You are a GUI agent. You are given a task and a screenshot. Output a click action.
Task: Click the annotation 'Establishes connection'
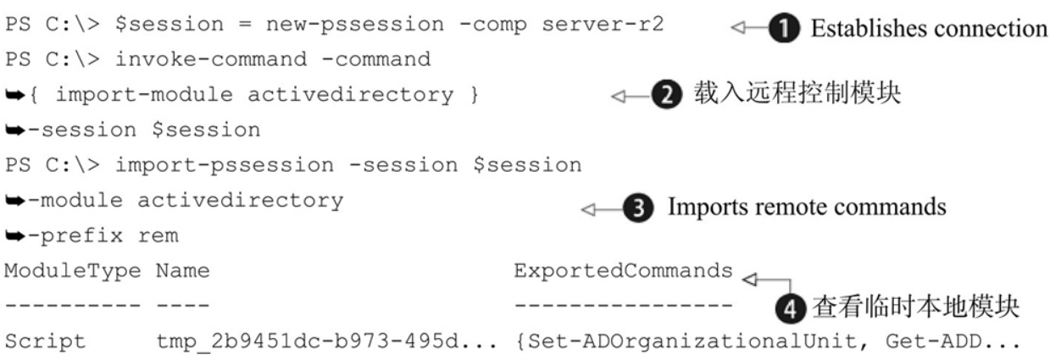click(x=928, y=28)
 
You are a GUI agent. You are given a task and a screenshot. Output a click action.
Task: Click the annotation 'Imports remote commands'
click(x=806, y=208)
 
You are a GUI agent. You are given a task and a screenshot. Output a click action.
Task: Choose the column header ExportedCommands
click(x=623, y=272)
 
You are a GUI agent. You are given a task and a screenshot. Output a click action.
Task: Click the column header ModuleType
click(x=72, y=272)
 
